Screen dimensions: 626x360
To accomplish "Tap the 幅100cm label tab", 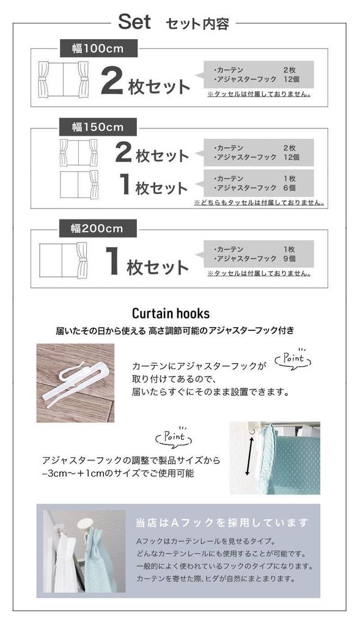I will [x=98, y=47].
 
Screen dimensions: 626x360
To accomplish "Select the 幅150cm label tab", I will [x=98, y=127].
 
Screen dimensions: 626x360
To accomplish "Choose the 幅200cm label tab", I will [x=98, y=228].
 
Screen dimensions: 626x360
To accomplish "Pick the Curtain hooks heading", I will [x=171, y=314].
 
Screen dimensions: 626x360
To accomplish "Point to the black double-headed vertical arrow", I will [x=248, y=455].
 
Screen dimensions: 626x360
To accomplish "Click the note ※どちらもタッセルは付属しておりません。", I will [x=259, y=202].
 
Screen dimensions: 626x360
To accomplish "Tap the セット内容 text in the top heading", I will [x=197, y=24].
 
